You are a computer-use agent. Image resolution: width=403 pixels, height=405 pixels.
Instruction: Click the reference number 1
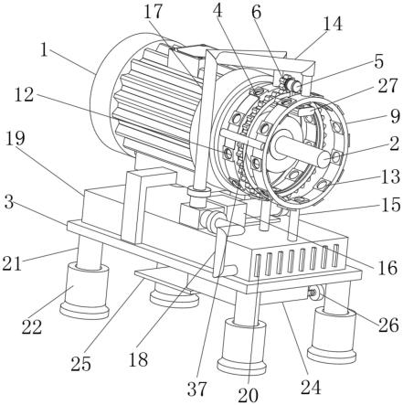[45, 50]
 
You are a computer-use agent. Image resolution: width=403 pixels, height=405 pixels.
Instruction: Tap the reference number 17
[154, 13]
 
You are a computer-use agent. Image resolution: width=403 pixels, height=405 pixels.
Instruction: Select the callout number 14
[333, 24]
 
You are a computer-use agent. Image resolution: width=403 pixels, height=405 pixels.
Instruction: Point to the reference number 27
[388, 86]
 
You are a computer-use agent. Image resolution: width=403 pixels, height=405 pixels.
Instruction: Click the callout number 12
[24, 95]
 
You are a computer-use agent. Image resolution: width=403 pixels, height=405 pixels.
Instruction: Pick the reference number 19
[16, 139]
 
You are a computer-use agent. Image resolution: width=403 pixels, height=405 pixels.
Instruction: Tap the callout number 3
[9, 202]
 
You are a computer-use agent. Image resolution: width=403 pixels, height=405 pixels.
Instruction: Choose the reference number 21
[12, 263]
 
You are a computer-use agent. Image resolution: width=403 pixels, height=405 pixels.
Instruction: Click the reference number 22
[32, 327]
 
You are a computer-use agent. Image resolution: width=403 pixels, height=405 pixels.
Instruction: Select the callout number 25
[80, 364]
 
